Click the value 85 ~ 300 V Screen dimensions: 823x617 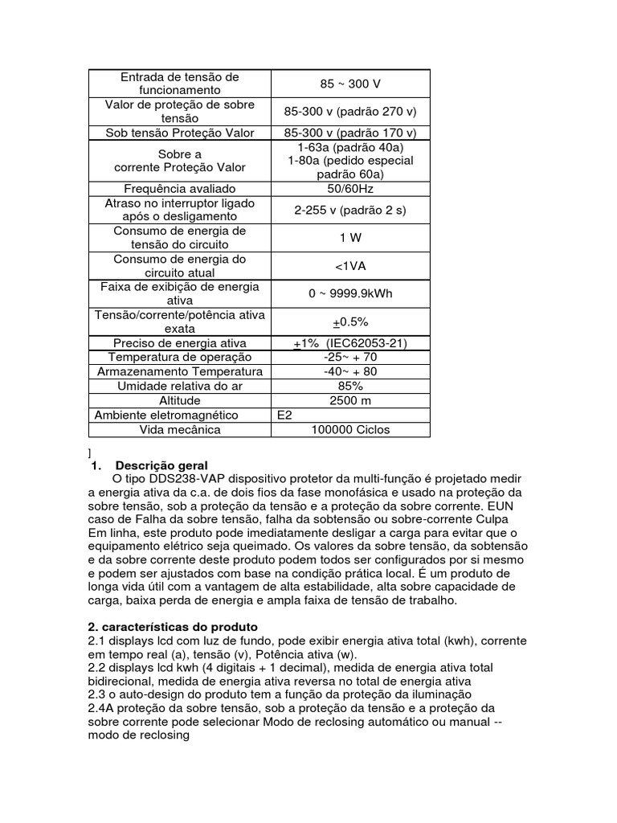click(x=350, y=83)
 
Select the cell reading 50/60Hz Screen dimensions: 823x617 click(x=350, y=189)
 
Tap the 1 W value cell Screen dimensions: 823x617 click(x=350, y=237)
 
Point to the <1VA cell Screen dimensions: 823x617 click(x=350, y=266)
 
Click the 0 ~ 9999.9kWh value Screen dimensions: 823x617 click(x=350, y=293)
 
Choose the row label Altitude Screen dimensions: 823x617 click(x=179, y=400)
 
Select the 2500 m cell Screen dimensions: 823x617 click(x=350, y=400)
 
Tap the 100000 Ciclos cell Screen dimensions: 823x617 click(x=350, y=429)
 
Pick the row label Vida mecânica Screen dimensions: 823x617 click(x=179, y=429)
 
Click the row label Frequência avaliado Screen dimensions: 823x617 click(x=179, y=189)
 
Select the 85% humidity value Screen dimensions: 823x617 click(x=350, y=386)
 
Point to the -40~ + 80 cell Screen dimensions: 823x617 click(x=350, y=371)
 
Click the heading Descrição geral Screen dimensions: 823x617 click(x=161, y=465)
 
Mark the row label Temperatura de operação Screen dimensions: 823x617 click(x=179, y=357)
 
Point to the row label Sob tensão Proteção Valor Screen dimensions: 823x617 click(x=179, y=133)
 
